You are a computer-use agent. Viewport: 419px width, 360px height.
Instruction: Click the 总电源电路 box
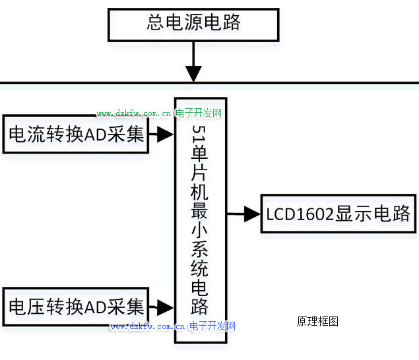(193, 24)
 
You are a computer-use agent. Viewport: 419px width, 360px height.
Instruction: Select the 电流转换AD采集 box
(75, 135)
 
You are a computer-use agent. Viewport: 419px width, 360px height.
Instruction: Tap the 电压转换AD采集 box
(75, 307)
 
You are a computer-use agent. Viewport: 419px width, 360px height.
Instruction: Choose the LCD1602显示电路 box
(338, 214)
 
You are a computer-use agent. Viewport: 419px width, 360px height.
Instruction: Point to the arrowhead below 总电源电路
(193, 73)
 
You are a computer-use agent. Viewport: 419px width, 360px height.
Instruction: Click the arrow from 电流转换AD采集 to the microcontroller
(161, 135)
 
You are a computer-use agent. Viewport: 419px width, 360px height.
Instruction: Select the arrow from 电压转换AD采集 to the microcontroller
(161, 307)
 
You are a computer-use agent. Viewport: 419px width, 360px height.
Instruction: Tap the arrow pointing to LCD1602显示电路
(245, 214)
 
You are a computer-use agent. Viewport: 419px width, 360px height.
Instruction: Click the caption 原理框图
(317, 322)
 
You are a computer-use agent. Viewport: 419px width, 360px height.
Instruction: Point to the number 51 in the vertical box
(199, 135)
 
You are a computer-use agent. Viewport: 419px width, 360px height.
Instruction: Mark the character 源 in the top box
(193, 24)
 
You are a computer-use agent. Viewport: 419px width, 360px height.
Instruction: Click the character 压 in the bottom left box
(36, 307)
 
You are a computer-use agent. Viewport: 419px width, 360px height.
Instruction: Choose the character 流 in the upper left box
(36, 135)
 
